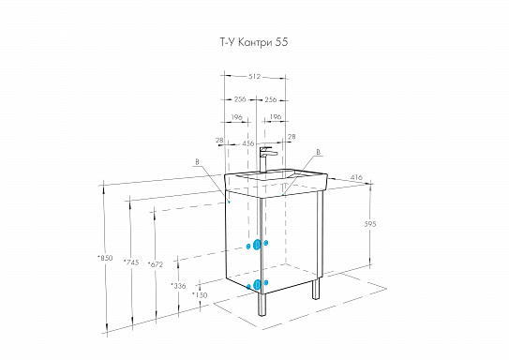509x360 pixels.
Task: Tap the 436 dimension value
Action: pyautogui.click(x=248, y=143)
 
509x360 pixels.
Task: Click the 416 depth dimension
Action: pyautogui.click(x=356, y=175)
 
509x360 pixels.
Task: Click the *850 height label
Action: pyautogui.click(x=104, y=258)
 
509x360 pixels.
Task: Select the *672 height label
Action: pyautogui.click(x=156, y=264)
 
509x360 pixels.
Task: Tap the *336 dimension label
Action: pyautogui.click(x=178, y=285)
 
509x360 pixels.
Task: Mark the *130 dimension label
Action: pyautogui.click(x=199, y=294)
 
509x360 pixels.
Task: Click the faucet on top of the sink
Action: pyautogui.click(x=265, y=157)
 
